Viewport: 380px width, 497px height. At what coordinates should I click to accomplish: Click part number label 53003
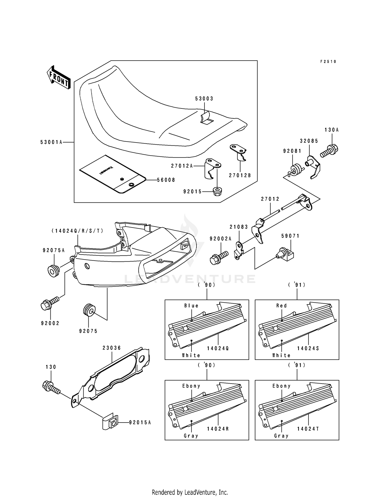click(x=204, y=99)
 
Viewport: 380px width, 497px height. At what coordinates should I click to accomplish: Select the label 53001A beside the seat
click(x=51, y=143)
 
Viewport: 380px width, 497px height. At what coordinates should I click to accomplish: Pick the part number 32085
click(x=309, y=141)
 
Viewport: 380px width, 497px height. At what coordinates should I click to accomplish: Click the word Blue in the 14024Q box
click(x=191, y=306)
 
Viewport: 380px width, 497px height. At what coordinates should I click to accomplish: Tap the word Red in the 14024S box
click(x=281, y=306)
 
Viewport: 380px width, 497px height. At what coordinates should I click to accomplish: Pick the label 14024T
click(x=308, y=429)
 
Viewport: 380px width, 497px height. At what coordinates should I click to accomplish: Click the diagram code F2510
click(x=328, y=62)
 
